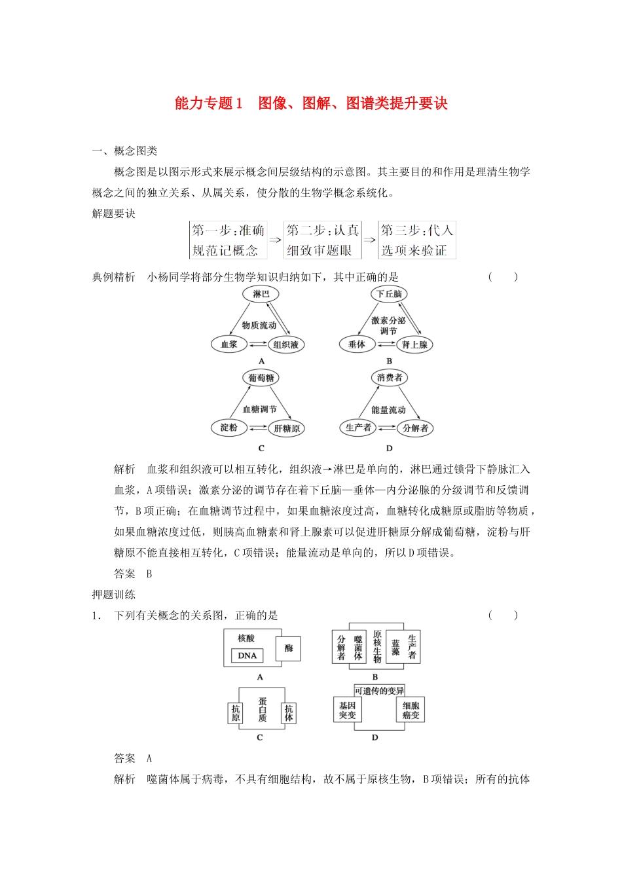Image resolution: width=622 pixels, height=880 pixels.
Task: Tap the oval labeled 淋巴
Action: pyautogui.click(x=261, y=294)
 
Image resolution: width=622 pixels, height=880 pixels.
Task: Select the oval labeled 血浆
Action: pyautogui.click(x=229, y=344)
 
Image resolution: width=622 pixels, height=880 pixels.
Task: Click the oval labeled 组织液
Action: pyautogui.click(x=286, y=345)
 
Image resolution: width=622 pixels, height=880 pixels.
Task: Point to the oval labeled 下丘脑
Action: pyautogui.click(x=389, y=294)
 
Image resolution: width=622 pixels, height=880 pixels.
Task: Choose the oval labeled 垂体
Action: pyautogui.click(x=357, y=344)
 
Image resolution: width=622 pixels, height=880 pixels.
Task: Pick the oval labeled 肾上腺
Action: pyautogui.click(x=414, y=345)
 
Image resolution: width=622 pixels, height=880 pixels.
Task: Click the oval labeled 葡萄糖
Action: pyautogui.click(x=261, y=378)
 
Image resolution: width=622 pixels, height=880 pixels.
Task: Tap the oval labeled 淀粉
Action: pyautogui.click(x=229, y=428)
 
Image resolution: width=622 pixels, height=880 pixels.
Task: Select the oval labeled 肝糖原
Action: pyautogui.click(x=287, y=429)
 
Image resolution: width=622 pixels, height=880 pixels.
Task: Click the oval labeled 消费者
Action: pyautogui.click(x=390, y=378)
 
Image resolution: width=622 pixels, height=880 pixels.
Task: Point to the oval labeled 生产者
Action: pyautogui.click(x=358, y=428)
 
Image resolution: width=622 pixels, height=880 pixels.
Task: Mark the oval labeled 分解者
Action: pyautogui.click(x=415, y=428)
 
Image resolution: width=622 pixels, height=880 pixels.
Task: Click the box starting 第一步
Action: pyautogui.click(x=228, y=240)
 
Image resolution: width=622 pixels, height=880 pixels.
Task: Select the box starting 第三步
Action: pyautogui.click(x=417, y=240)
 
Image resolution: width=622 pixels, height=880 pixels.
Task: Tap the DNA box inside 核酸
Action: pyautogui.click(x=247, y=655)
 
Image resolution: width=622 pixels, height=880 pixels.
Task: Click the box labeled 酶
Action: pyautogui.click(x=289, y=649)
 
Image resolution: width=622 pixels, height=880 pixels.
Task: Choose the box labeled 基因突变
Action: pyautogui.click(x=347, y=710)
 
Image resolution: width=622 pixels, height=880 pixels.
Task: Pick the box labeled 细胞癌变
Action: pyautogui.click(x=411, y=710)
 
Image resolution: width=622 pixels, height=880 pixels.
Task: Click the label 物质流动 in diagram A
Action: pyautogui.click(x=259, y=325)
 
